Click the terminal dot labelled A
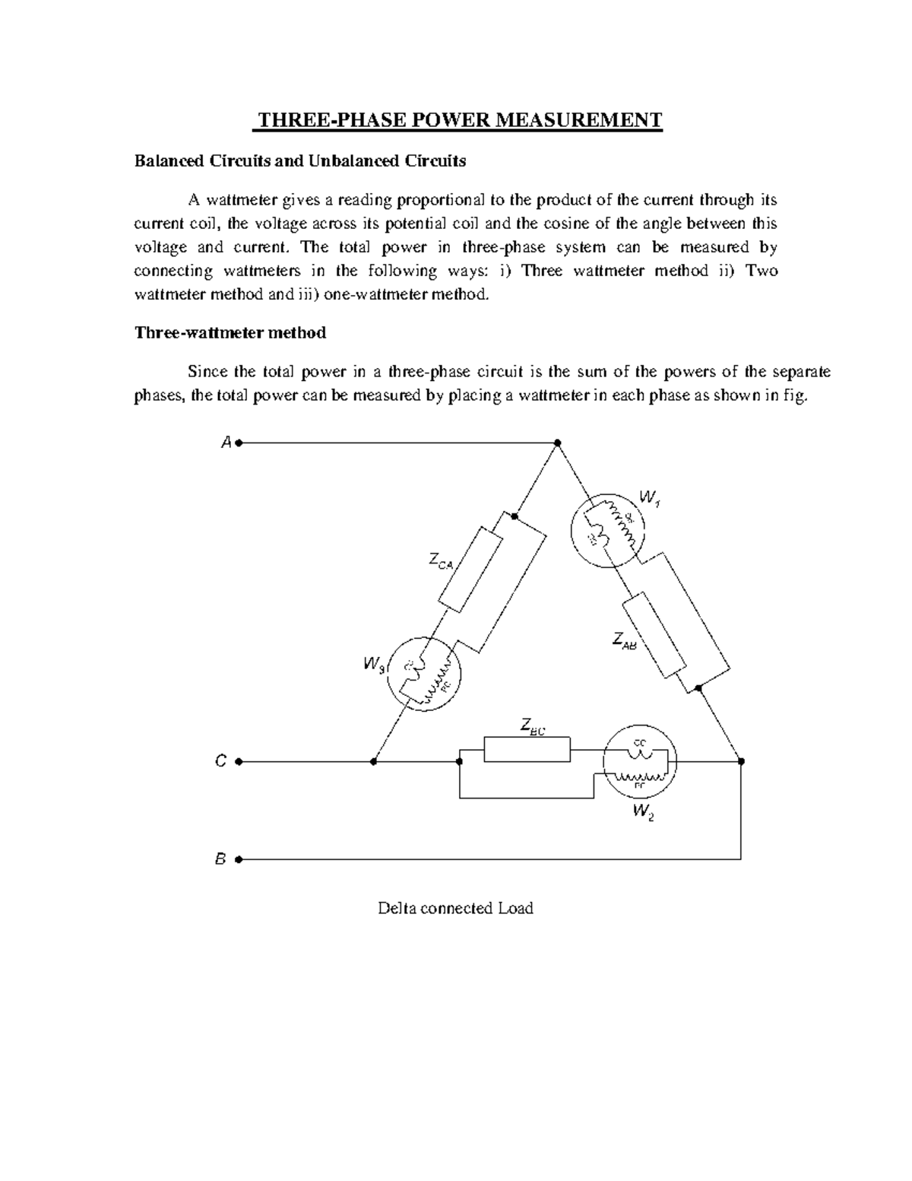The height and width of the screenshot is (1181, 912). click(239, 442)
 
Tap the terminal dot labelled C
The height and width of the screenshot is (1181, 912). click(239, 760)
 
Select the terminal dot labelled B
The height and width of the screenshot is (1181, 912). click(239, 859)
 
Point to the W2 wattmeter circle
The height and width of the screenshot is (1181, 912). click(640, 760)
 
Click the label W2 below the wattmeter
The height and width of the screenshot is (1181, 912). click(642, 814)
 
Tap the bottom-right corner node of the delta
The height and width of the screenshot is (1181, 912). click(741, 760)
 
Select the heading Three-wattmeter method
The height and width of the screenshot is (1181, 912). click(230, 332)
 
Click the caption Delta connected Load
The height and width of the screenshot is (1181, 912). click(455, 907)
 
